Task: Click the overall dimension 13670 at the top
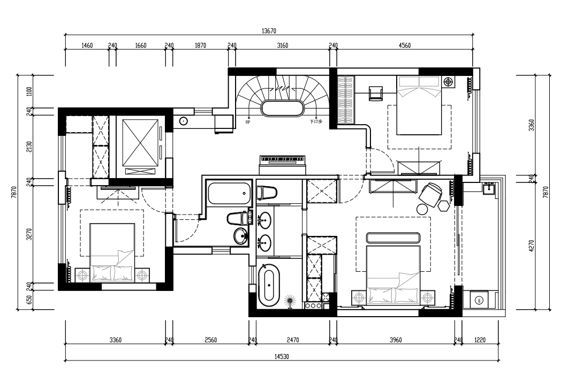click(x=269, y=31)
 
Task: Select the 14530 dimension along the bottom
click(x=282, y=357)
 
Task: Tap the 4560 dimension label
click(x=405, y=45)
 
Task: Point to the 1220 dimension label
click(x=480, y=340)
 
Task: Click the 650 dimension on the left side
click(x=29, y=300)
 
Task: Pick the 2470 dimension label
click(x=293, y=340)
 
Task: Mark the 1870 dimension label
click(x=200, y=45)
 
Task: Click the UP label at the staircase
click(x=248, y=122)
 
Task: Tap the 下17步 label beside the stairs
click(x=316, y=122)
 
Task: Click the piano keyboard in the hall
click(x=283, y=159)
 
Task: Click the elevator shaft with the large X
click(x=140, y=143)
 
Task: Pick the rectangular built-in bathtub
click(x=229, y=193)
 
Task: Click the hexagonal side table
click(x=443, y=205)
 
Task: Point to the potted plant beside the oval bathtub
click(x=290, y=301)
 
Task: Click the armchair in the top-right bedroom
click(x=376, y=93)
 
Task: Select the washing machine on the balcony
click(x=479, y=300)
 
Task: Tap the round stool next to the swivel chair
click(x=422, y=209)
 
